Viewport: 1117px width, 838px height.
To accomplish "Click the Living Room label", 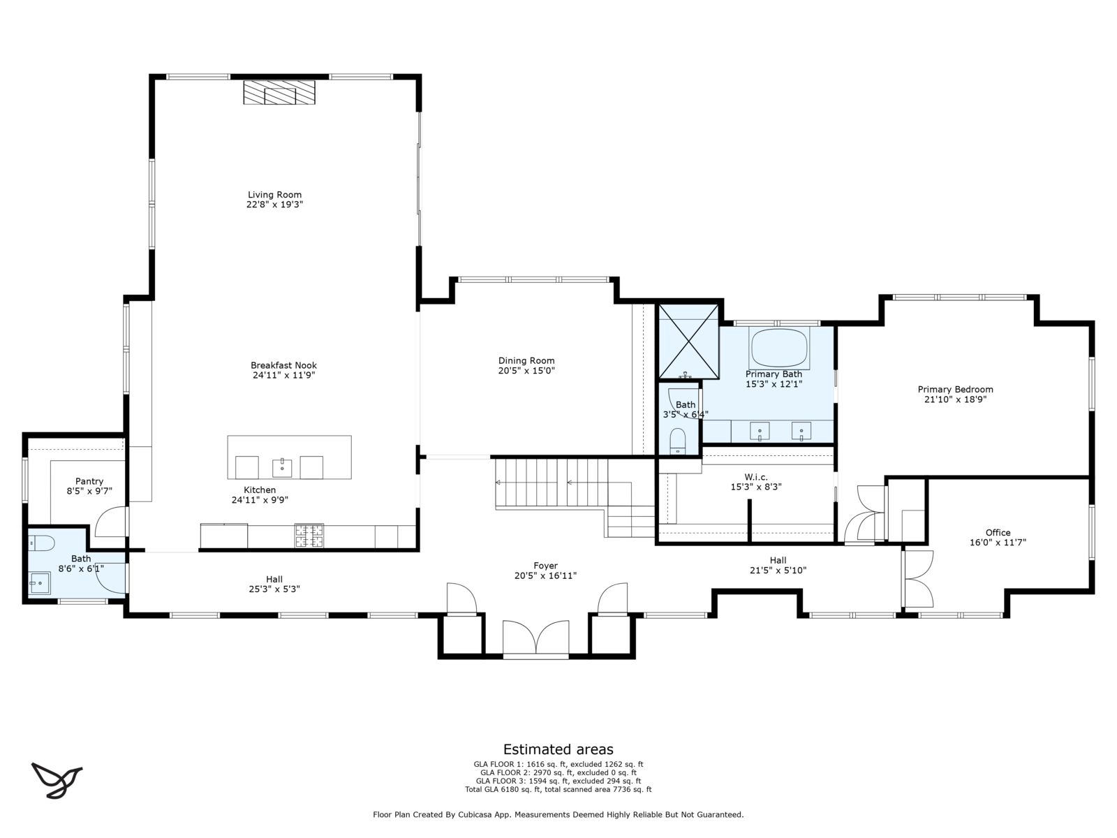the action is coord(274,194).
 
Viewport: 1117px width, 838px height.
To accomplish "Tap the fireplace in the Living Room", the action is coord(279,92).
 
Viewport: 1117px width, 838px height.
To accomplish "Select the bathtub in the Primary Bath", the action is coord(779,348).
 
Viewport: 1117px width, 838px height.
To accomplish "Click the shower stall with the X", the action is coord(688,341).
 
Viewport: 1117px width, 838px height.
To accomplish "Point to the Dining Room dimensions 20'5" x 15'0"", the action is coord(526,371).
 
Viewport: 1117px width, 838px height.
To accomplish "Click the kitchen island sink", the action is coord(282,467).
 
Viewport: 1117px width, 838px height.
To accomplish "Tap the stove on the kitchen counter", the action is coord(309,535).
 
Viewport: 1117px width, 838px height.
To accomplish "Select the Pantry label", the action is coord(89,481).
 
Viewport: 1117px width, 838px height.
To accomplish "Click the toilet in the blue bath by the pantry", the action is coord(41,543).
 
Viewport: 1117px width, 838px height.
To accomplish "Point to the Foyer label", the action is coord(545,566).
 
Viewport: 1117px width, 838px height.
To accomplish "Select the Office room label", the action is coord(998,533).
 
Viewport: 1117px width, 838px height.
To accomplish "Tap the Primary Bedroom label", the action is coord(955,389).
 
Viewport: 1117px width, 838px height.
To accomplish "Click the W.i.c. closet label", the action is coord(755,477).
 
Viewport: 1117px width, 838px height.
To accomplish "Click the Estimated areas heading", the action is coord(558,749).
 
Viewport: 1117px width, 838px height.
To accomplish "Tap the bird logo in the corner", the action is coord(57,780).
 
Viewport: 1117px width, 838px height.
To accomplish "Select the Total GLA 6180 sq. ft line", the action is coord(558,790).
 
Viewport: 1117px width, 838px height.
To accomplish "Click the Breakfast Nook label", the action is coord(283,365).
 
